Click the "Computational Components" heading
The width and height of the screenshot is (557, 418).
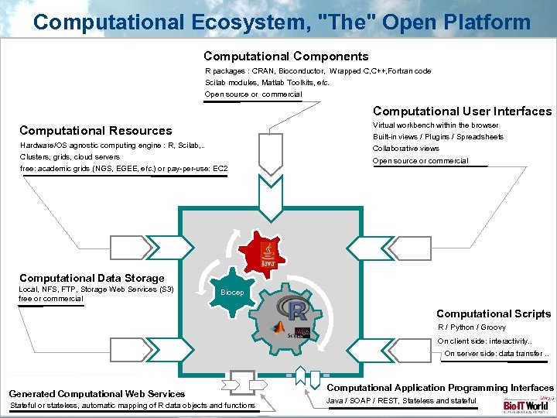coord(285,56)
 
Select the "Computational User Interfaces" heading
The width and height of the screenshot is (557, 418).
coord(462,111)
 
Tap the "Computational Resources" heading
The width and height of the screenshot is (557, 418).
coord(96,130)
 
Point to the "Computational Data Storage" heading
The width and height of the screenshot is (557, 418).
coord(92,278)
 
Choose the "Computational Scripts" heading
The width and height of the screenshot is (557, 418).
coord(494,313)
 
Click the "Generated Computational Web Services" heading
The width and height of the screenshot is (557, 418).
coord(97,394)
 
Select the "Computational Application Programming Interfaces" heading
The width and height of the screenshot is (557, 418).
coord(441,387)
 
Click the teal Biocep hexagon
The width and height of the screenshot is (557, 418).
coord(231,292)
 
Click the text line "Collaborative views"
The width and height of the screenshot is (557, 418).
coord(405,149)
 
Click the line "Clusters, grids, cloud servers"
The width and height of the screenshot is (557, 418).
coord(70,156)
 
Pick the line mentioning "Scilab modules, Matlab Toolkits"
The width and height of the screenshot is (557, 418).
coord(267,82)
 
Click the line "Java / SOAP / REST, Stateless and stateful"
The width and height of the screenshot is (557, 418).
coord(402,400)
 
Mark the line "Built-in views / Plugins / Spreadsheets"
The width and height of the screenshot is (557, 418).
coord(438,137)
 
